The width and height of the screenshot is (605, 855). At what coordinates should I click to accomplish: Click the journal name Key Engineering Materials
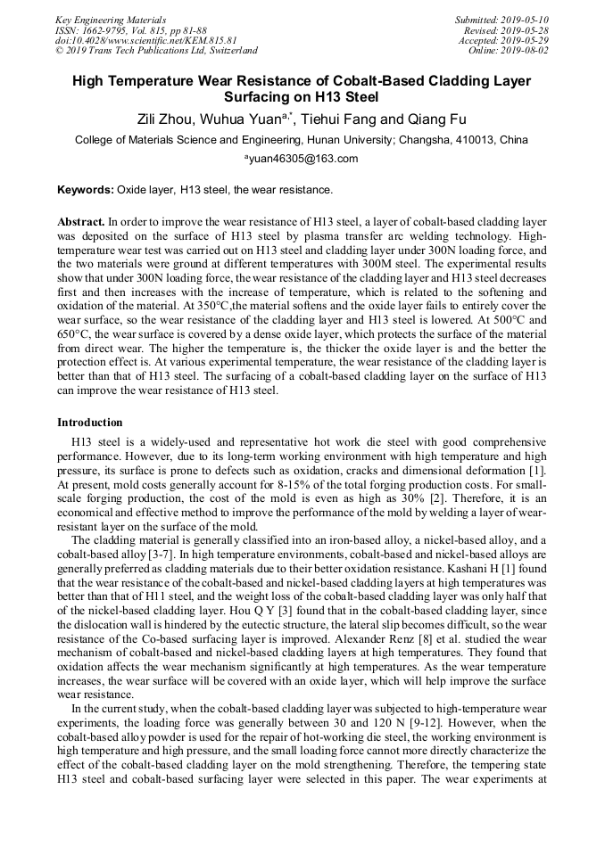(110, 20)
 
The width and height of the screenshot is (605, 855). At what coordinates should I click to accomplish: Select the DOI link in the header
(145, 40)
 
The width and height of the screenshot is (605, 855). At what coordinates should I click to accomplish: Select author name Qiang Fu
(435, 119)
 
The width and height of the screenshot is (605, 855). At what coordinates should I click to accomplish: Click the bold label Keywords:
(86, 190)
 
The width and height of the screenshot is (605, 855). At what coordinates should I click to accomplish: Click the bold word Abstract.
(80, 221)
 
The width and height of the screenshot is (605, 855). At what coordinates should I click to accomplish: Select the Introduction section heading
(89, 422)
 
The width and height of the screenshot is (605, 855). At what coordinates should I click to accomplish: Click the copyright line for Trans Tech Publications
(156, 51)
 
